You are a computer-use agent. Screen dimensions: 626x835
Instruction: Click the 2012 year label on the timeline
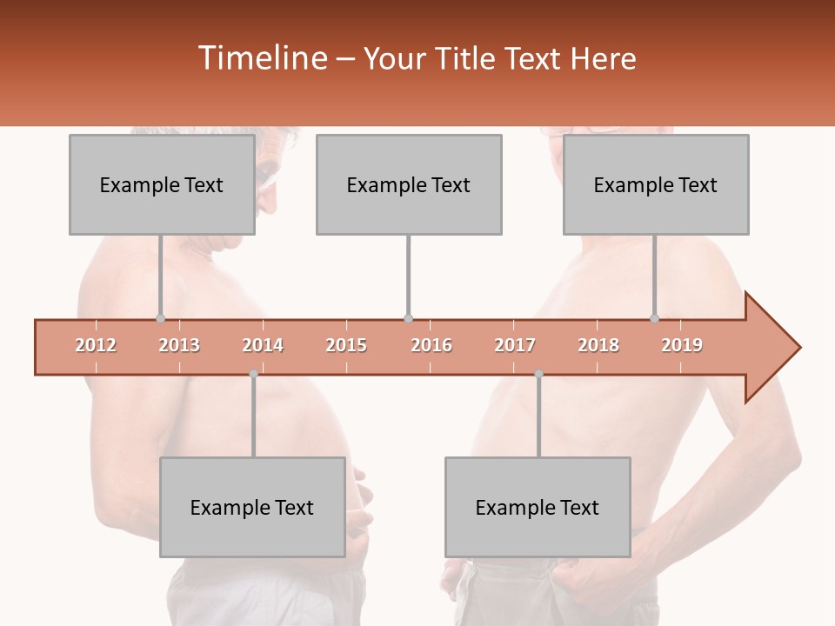pos(96,346)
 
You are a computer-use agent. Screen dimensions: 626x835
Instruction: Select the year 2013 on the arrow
pos(179,346)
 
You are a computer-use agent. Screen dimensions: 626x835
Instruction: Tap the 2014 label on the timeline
pos(263,346)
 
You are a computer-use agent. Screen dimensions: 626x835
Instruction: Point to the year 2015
pos(346,346)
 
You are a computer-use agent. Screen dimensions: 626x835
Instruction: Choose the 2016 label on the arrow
pos(431,346)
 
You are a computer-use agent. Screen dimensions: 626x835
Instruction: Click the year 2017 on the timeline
pos(515,346)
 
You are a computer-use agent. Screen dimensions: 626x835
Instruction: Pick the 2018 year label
pos(598,346)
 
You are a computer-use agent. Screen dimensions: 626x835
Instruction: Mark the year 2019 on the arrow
pos(682,346)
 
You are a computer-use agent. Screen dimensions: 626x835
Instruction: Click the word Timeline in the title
pos(261,58)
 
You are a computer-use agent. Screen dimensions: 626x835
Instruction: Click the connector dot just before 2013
pos(161,318)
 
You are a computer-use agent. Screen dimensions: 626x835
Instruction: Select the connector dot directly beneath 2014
pos(253,374)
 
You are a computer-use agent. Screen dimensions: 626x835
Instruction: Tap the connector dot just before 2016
pos(408,318)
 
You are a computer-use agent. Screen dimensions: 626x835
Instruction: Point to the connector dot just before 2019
pos(655,318)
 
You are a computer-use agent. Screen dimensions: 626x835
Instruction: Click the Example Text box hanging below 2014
pos(252,508)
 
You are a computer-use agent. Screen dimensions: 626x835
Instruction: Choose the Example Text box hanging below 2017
pos(538,508)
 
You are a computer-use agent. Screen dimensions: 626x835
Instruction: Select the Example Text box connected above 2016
pos(409,184)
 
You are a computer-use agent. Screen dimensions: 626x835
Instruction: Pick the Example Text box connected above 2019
pos(656,184)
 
